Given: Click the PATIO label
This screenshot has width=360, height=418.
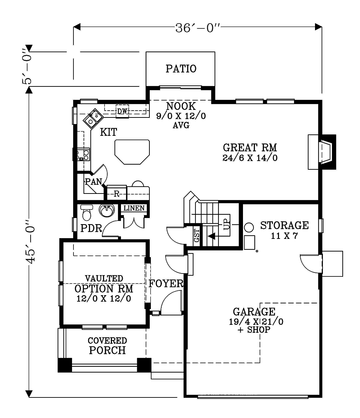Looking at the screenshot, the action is (x=181, y=69).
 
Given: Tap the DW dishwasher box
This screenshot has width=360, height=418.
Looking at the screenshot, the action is (x=122, y=111).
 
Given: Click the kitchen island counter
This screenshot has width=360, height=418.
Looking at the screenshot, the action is (x=132, y=152).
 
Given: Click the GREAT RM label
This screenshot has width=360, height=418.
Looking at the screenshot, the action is (x=250, y=147).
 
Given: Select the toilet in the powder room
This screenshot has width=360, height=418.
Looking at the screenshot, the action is (x=86, y=213).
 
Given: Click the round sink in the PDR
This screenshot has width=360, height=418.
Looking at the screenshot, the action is (x=107, y=210).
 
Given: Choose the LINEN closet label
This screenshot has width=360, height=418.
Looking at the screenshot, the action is (x=134, y=208).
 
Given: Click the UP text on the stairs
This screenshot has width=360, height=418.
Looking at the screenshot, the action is (x=226, y=224).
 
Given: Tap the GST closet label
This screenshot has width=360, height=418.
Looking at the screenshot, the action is (x=197, y=235).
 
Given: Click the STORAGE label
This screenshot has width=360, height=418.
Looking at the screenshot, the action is (x=284, y=225).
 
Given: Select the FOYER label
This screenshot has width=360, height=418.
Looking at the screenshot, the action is (x=166, y=283).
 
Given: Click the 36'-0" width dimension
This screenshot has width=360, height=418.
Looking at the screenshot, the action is (x=198, y=28).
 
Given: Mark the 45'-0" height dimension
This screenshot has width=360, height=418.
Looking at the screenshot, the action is (x=31, y=241).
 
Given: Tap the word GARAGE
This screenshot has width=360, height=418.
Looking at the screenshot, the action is (x=254, y=312).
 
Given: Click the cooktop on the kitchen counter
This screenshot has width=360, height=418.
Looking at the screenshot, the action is (x=82, y=155).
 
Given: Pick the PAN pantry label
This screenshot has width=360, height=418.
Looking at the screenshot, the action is (x=94, y=182).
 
